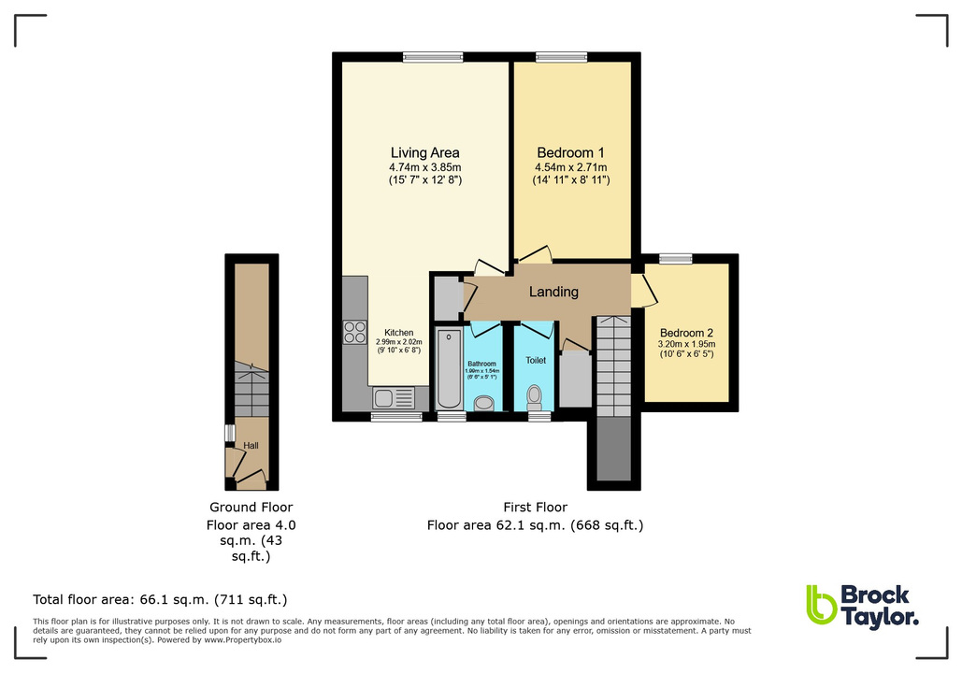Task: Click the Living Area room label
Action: click(424, 152)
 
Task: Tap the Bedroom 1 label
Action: click(570, 152)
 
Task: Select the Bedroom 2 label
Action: click(686, 333)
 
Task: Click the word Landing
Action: click(553, 292)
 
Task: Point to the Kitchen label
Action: click(398, 332)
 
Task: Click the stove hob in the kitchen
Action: click(355, 332)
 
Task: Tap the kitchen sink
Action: click(384, 399)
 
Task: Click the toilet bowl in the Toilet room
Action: click(535, 397)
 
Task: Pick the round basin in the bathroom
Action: click(484, 403)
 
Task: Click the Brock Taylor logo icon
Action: click(821, 605)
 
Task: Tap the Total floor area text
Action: click(160, 599)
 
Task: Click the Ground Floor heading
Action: click(251, 508)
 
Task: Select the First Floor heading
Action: click(536, 508)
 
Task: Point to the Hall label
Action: click(251, 446)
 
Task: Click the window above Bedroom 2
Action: click(675, 258)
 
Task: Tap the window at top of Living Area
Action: click(433, 56)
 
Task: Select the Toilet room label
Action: click(536, 360)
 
